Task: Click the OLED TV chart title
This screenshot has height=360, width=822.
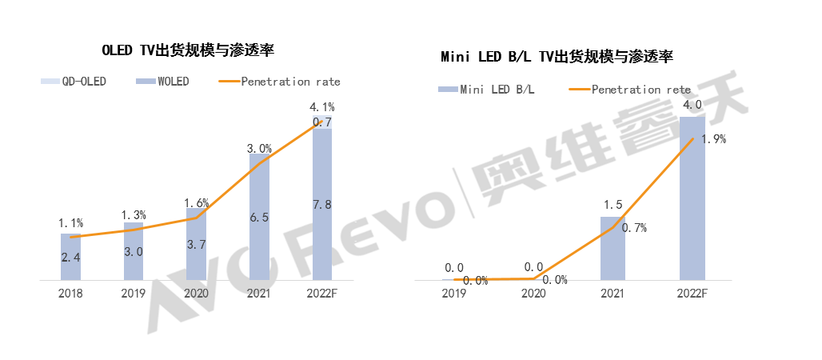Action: coord(188,50)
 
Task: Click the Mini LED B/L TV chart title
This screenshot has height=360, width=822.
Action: coord(557,57)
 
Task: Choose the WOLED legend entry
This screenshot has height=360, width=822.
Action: coord(163,82)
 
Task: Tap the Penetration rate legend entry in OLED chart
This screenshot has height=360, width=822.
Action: coord(279,82)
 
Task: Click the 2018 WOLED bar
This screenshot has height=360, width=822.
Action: coord(71,258)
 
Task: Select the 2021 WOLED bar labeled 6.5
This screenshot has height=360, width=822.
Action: coord(259,217)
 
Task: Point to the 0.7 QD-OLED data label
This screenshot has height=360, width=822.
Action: coord(322,122)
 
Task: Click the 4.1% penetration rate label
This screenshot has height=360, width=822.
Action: coord(322,106)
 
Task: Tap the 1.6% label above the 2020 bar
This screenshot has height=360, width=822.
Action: coord(197,203)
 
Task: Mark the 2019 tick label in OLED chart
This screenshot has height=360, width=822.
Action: coord(134,293)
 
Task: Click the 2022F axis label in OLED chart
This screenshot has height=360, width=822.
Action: coord(322,293)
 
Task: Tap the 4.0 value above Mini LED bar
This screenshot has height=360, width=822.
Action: coord(692,105)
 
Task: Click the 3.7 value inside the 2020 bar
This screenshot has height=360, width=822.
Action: coord(197,243)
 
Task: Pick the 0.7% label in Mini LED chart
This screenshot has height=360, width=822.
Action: coord(634,228)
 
